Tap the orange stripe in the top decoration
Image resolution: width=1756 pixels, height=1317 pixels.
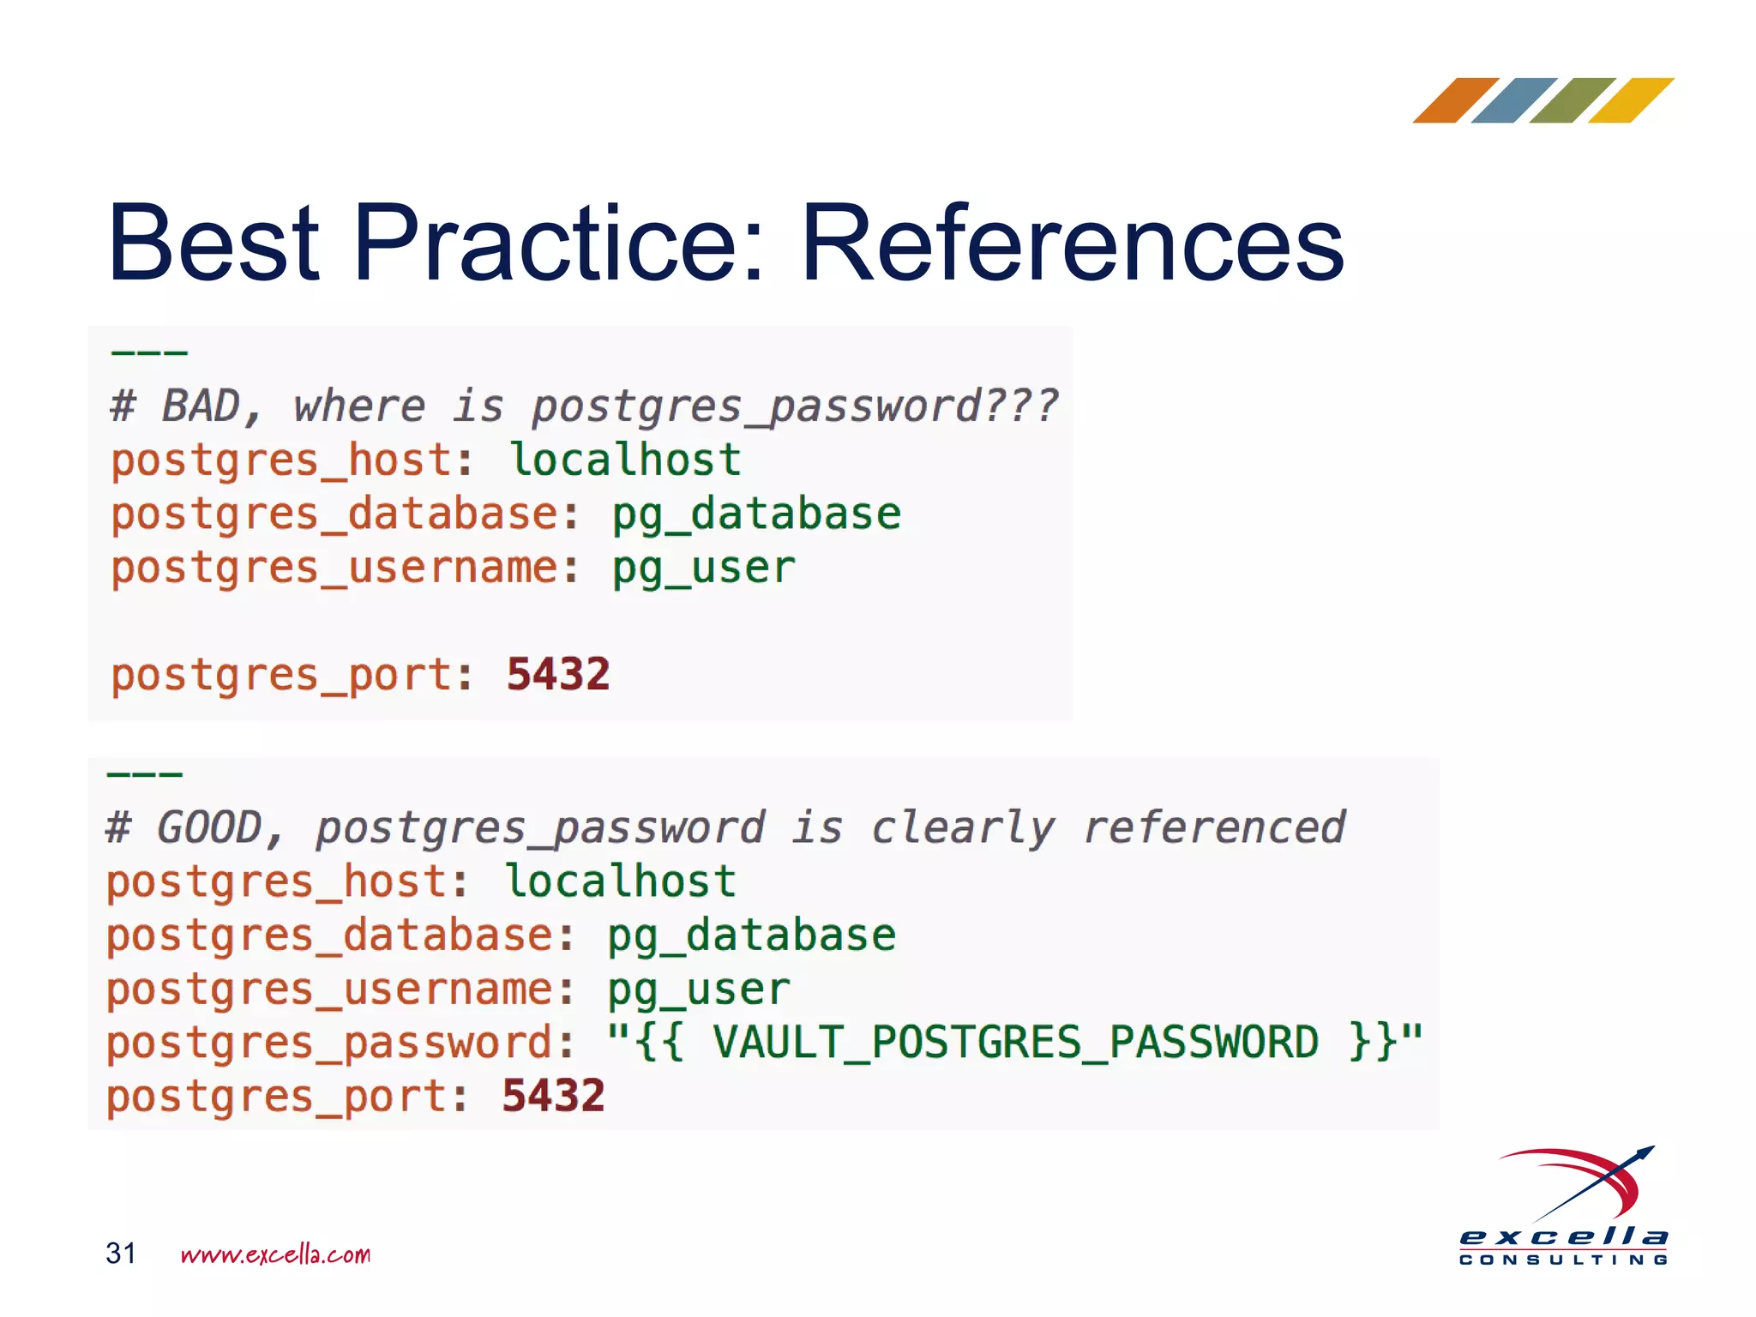tap(1455, 100)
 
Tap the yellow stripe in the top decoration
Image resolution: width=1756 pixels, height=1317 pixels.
tap(1631, 100)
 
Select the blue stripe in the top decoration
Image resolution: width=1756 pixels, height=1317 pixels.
tap(1513, 100)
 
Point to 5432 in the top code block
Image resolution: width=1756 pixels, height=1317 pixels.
tap(558, 674)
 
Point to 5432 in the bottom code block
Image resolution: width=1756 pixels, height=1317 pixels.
tap(553, 1096)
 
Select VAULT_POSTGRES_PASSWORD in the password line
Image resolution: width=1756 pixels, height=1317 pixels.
tap(1015, 1043)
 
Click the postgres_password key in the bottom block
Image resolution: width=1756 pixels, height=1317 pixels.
tap(330, 1043)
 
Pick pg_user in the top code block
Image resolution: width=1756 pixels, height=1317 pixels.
tap(703, 568)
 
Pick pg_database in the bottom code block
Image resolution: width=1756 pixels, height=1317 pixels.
tap(751, 935)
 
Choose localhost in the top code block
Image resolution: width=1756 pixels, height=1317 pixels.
tap(625, 460)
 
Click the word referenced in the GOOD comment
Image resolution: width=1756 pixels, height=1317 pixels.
tap(1214, 827)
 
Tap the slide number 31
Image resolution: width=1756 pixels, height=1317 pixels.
tap(121, 1253)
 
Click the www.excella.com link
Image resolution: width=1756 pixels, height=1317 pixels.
tap(275, 1254)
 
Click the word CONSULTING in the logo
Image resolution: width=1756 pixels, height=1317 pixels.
tap(1564, 1260)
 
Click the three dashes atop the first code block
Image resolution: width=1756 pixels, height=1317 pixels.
tap(149, 352)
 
